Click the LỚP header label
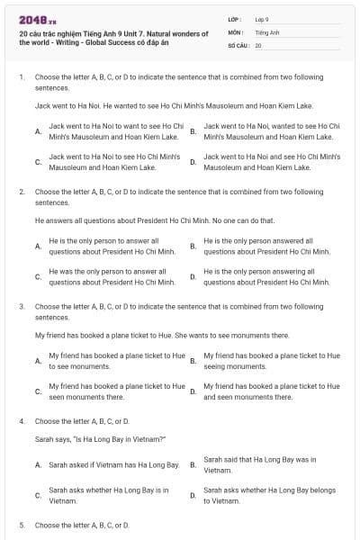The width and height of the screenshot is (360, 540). (235, 18)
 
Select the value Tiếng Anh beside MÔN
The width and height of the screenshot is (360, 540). (263, 31)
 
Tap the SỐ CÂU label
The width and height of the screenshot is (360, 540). (238, 44)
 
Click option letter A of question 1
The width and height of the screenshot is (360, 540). (37, 131)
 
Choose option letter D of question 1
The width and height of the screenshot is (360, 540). (193, 162)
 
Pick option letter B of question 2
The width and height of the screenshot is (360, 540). (193, 246)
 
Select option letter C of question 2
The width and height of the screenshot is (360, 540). (37, 276)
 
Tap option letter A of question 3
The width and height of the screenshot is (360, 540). (37, 361)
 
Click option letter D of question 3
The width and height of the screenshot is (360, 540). (193, 391)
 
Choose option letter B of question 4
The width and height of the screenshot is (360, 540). (193, 465)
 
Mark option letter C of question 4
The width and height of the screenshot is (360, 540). (37, 496)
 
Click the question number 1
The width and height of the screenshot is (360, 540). (21, 77)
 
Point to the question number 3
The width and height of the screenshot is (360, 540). (21, 306)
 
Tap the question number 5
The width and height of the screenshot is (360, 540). (21, 525)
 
